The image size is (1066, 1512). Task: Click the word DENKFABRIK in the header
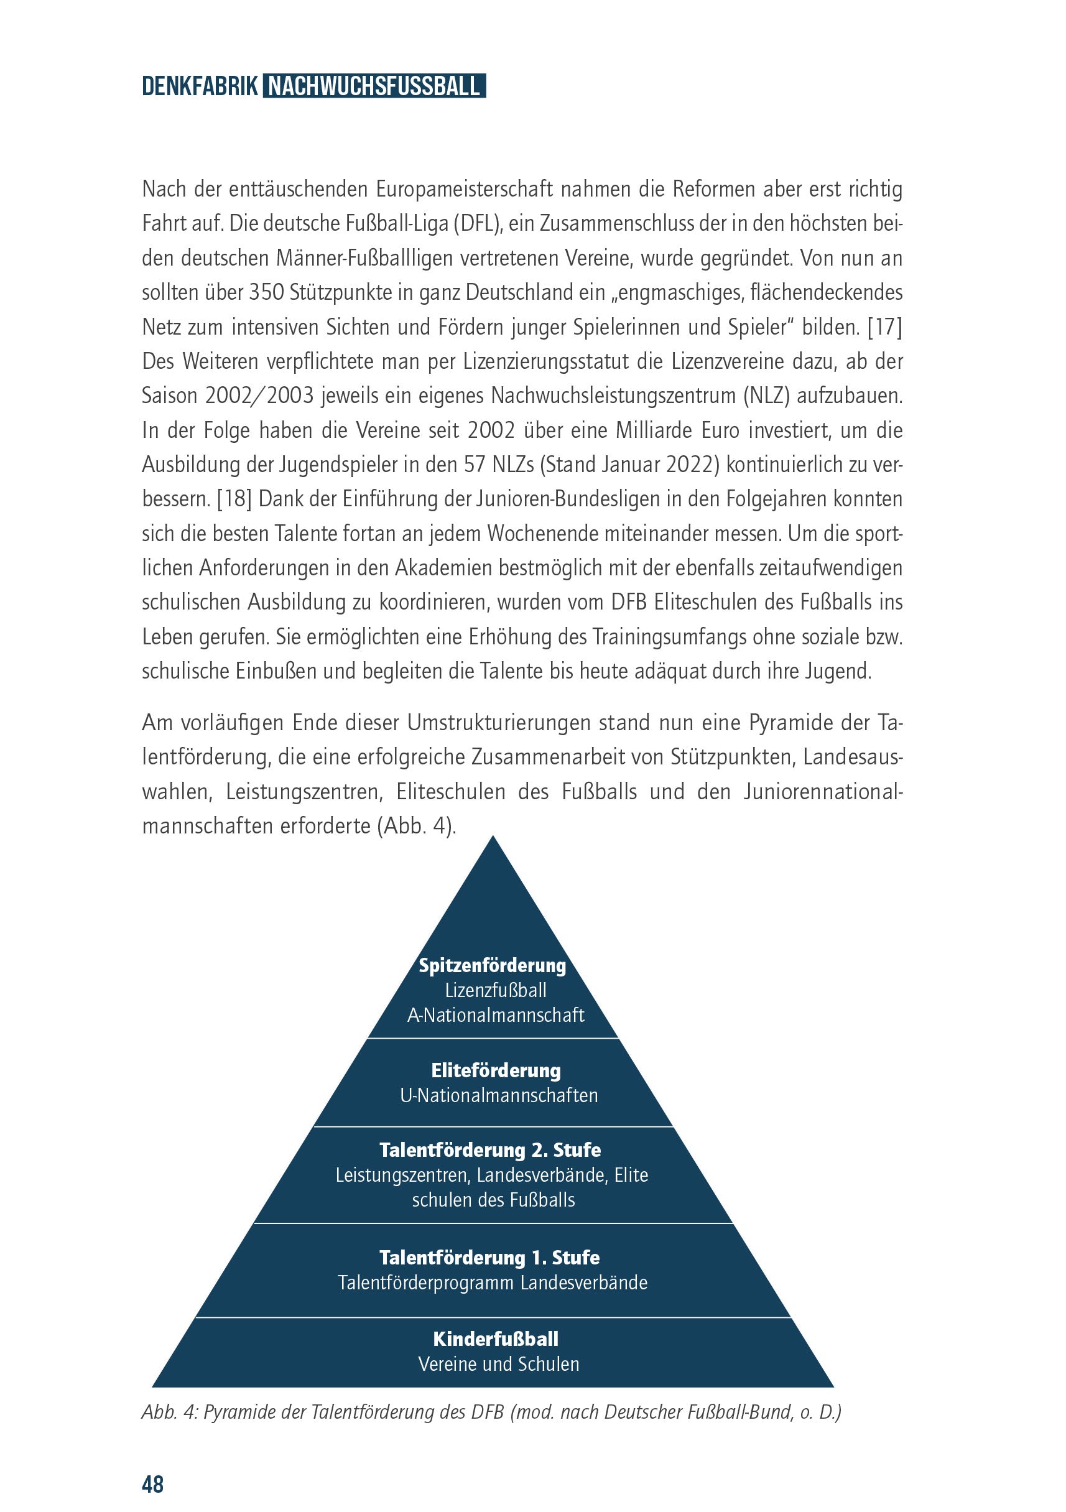[x=200, y=87]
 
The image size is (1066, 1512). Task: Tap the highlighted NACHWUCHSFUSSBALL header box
[x=374, y=87]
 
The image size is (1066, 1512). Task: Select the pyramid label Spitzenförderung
[x=493, y=965]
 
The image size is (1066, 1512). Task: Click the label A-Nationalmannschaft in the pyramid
[x=495, y=1015]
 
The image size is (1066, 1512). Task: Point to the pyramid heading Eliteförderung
[x=496, y=1070]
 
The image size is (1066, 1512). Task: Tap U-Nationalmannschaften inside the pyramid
[x=499, y=1095]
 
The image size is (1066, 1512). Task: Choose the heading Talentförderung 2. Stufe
[x=490, y=1150]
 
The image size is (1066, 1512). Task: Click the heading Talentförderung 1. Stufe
[x=489, y=1257]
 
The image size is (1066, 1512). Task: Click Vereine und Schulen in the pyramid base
[x=498, y=1363]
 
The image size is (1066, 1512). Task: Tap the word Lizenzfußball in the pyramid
[x=495, y=990]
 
